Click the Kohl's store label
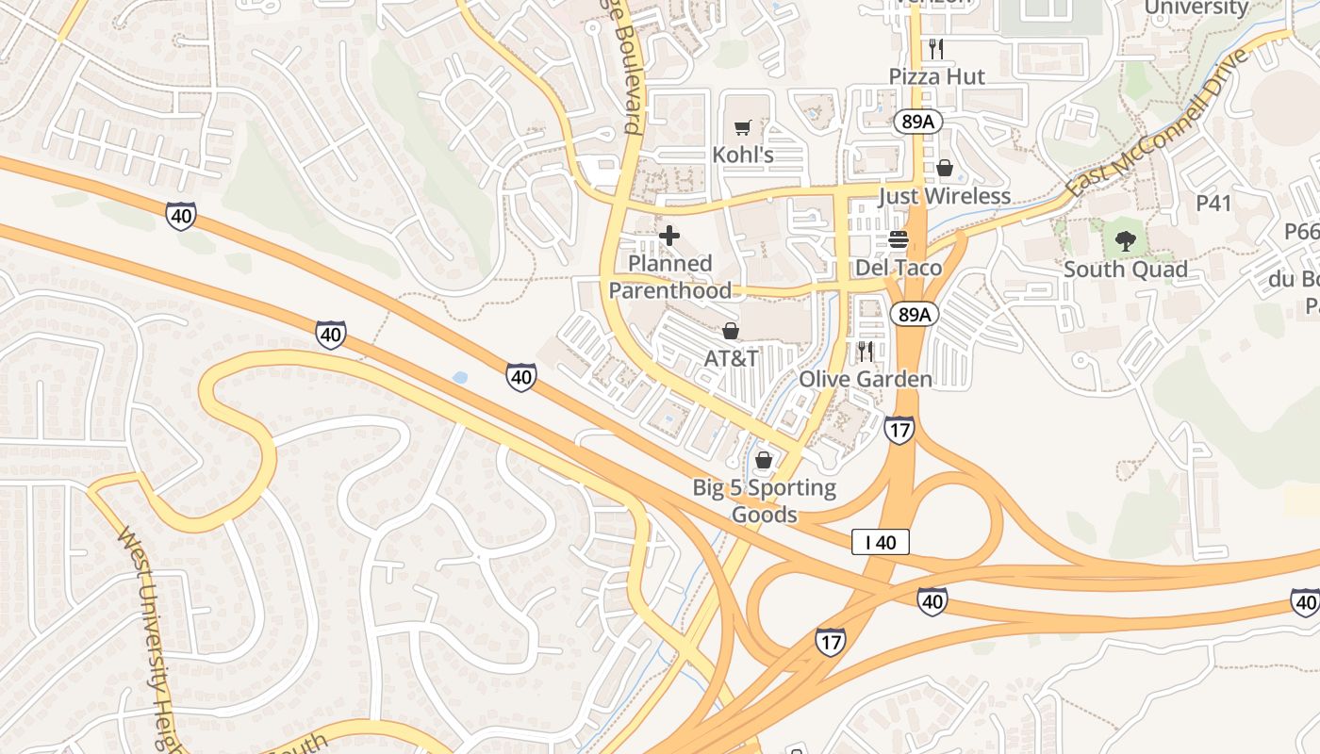point(743,155)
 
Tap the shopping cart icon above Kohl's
point(743,126)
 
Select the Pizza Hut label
point(937,76)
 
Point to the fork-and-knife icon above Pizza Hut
point(936,48)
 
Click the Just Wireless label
point(944,196)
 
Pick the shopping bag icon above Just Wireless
point(945,168)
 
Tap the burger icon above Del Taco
point(898,239)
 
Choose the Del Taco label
point(898,268)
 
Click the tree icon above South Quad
point(1125,241)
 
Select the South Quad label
point(1125,270)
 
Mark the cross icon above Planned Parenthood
point(669,235)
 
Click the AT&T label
point(731,359)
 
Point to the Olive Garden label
point(866,379)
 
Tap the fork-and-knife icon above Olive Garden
point(865,352)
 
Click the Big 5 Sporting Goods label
point(764,500)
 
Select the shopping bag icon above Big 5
point(764,460)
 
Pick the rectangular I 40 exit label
point(881,542)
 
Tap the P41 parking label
point(1213,203)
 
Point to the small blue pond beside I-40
point(460,378)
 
